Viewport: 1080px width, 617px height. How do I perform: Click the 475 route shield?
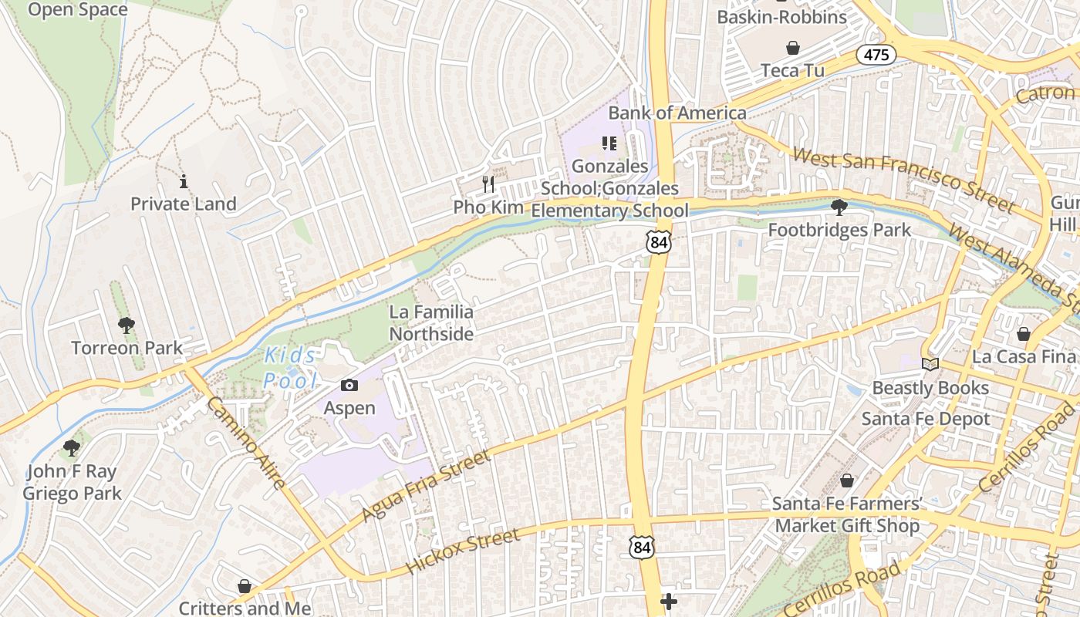[876, 55]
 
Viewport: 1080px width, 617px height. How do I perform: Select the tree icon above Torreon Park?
[126, 325]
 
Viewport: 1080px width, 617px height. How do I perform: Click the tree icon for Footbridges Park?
[839, 207]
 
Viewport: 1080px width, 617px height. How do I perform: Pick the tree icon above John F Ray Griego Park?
[72, 448]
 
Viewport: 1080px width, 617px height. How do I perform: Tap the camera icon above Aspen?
[349, 385]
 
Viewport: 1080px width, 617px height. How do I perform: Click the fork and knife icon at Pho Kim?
[488, 184]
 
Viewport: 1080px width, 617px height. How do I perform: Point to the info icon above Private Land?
[184, 182]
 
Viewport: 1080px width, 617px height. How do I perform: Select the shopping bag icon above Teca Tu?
[792, 49]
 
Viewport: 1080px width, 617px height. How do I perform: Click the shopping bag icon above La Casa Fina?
[1023, 334]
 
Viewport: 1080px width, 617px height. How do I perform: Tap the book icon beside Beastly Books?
[930, 364]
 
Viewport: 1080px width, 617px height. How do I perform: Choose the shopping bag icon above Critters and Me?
[245, 587]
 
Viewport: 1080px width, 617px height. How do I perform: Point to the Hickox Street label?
[462, 551]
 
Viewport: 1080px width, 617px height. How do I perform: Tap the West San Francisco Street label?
[903, 180]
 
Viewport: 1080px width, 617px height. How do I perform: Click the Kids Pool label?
[290, 368]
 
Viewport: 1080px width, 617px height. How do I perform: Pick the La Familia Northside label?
[431, 323]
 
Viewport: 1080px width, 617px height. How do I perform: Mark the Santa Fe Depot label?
[926, 419]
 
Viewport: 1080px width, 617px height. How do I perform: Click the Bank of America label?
[677, 113]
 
